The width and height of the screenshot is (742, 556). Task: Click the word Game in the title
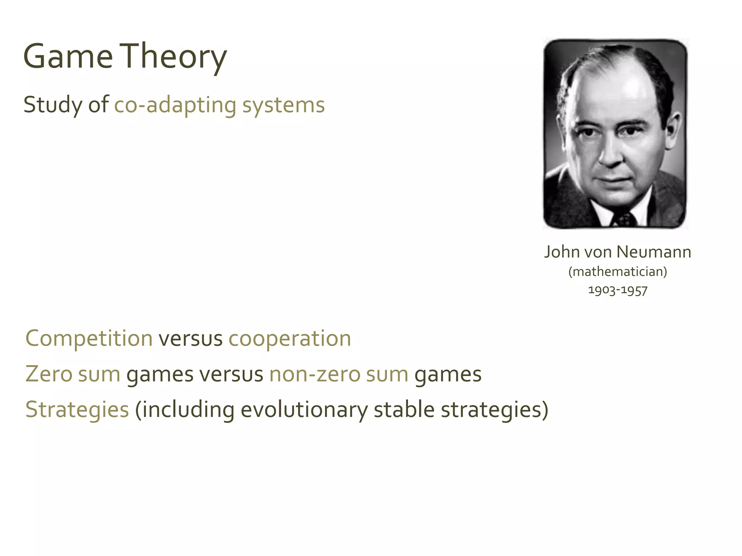click(68, 57)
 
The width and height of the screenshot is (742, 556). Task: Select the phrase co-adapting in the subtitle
click(175, 105)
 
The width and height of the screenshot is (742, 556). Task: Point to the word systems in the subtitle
click(283, 105)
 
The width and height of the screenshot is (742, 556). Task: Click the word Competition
click(89, 338)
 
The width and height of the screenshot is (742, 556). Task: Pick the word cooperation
click(289, 338)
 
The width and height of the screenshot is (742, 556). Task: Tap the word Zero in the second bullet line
click(49, 374)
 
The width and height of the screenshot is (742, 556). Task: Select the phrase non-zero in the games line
click(314, 374)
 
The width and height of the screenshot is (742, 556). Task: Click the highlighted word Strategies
click(77, 409)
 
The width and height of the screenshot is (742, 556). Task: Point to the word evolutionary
click(304, 409)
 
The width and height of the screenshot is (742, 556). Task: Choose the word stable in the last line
click(404, 409)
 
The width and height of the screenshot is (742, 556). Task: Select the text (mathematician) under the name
click(617, 271)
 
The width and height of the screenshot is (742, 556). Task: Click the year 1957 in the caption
click(634, 290)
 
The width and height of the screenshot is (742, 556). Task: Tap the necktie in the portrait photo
click(624, 219)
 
